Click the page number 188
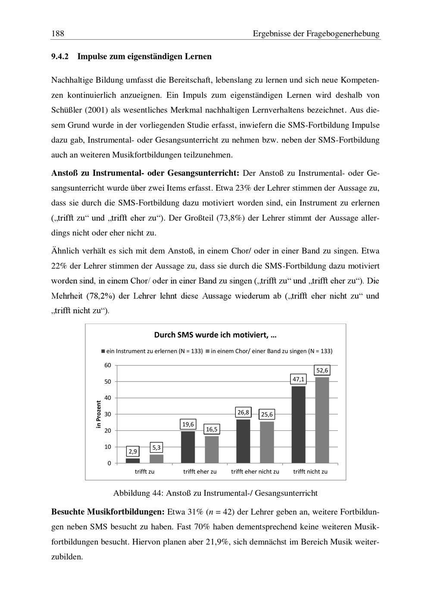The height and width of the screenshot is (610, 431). (x=57, y=34)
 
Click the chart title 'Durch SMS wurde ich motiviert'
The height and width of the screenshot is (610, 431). (x=215, y=335)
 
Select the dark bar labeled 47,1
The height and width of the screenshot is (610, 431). (x=298, y=424)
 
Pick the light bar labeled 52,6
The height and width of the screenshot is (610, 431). (x=322, y=420)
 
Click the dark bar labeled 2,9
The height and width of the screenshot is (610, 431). (x=133, y=460)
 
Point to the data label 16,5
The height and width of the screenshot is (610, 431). (x=212, y=429)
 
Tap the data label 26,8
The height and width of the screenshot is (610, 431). (x=243, y=413)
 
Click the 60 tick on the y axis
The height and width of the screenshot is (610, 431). (x=107, y=365)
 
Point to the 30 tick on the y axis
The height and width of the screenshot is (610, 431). (x=107, y=414)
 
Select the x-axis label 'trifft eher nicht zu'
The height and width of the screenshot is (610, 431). (x=255, y=472)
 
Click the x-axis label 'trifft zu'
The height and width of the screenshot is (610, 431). (x=144, y=472)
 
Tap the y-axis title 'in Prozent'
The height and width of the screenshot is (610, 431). (x=99, y=414)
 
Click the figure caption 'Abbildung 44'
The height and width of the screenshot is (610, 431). (x=215, y=493)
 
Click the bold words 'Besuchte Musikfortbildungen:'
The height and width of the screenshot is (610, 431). (x=108, y=512)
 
